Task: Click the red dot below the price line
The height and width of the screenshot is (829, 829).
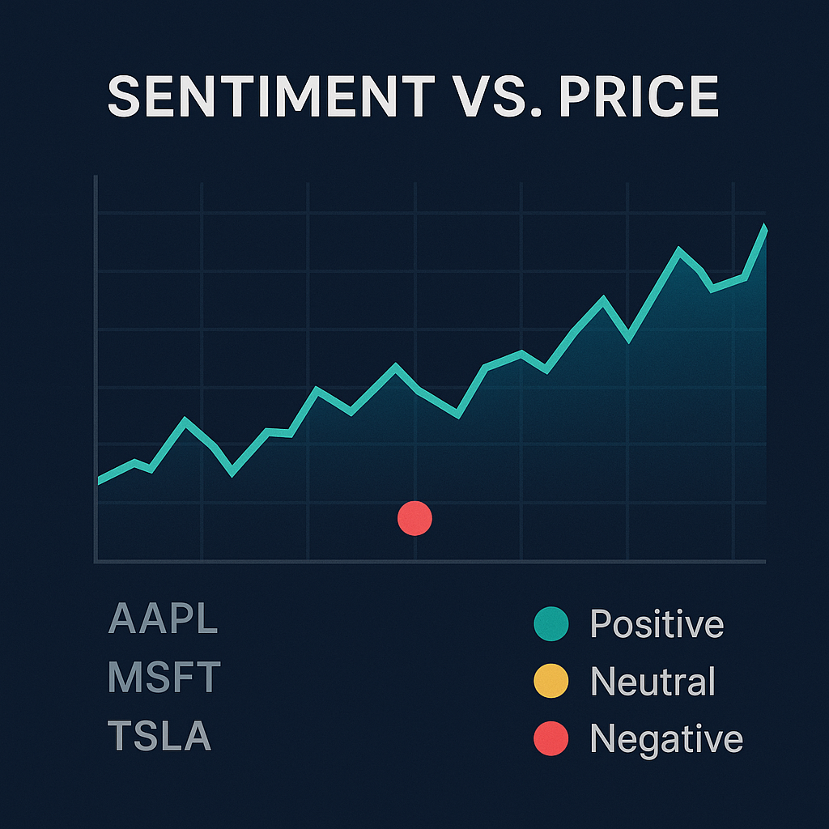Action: (415, 518)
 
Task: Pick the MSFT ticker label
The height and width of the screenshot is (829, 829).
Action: (164, 678)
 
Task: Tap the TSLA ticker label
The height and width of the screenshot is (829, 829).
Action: (159, 737)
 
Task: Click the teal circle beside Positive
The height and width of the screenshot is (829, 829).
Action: (551, 623)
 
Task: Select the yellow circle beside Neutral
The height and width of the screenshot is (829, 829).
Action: (551, 681)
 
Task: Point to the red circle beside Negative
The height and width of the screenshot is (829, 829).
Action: (551, 738)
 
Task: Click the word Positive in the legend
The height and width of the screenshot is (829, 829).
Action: (657, 623)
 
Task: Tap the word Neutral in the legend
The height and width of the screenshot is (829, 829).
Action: (653, 681)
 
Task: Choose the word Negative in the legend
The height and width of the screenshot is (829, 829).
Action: (665, 738)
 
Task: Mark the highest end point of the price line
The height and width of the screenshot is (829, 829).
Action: (763, 229)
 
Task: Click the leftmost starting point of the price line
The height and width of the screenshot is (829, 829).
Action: (99, 481)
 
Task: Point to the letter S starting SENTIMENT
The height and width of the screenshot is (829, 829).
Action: (125, 97)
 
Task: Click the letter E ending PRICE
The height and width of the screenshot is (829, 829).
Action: (703, 97)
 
